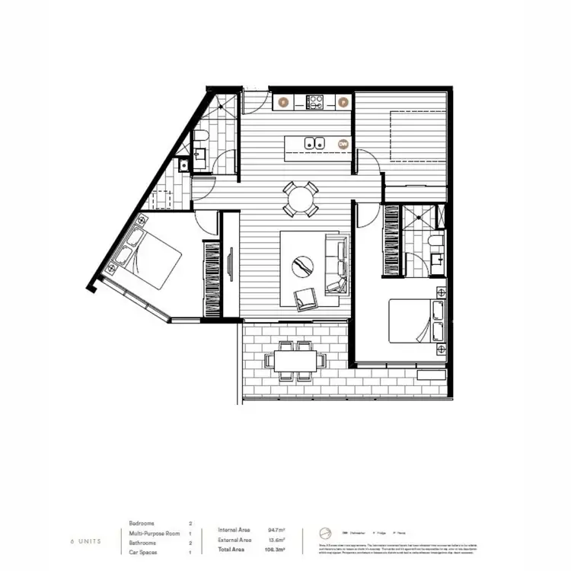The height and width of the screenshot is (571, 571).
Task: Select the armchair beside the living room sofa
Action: coord(308,298)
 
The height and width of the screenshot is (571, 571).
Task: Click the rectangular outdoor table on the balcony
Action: coord(293,361)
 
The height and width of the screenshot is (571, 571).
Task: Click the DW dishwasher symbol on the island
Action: coord(343,143)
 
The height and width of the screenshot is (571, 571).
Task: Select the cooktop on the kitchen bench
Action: coord(315,100)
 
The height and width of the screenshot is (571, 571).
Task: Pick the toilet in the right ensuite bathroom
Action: coord(433,242)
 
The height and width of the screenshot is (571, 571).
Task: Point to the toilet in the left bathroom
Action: coord(200,138)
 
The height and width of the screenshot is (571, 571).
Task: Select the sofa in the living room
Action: coord(336,264)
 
